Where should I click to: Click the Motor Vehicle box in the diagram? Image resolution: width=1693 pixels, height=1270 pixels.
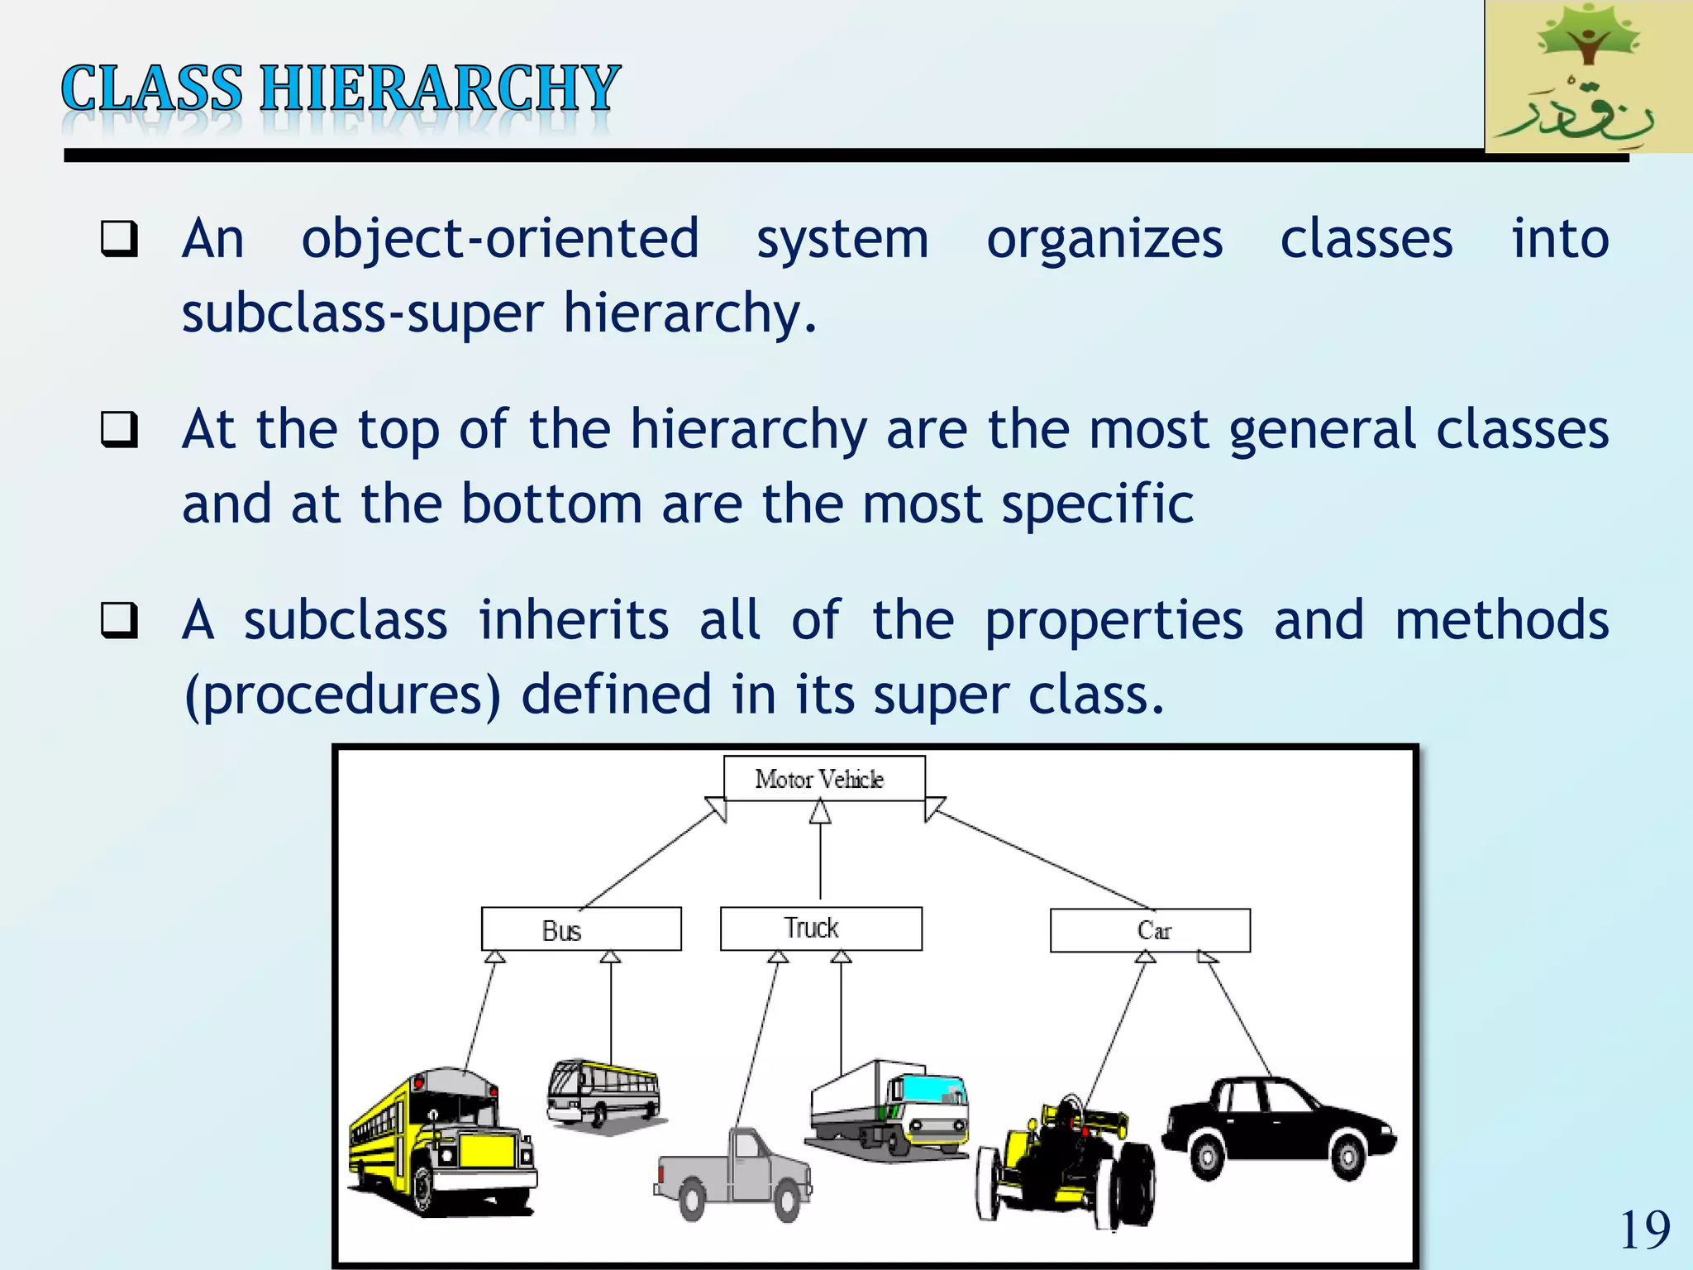point(823,778)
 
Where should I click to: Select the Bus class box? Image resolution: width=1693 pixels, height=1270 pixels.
point(581,929)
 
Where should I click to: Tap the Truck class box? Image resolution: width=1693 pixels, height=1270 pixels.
point(821,929)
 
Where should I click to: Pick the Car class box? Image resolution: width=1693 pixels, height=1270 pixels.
point(1150,931)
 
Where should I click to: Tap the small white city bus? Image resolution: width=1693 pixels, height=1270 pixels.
point(603,1093)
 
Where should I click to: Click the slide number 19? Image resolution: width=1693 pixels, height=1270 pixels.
point(1644,1230)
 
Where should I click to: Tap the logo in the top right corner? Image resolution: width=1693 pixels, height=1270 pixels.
point(1588,76)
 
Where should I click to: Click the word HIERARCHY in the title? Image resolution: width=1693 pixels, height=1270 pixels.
point(440,88)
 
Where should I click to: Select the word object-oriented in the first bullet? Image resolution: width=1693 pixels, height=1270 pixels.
point(500,239)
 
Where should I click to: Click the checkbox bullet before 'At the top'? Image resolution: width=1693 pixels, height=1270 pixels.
point(119,429)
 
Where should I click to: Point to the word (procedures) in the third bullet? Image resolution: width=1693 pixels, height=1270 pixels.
point(342,695)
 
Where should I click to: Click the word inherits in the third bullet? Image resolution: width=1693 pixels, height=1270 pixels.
point(574,620)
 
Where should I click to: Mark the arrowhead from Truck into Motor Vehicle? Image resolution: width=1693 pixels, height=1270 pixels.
point(820,813)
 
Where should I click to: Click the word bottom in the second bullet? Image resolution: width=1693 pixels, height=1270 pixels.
point(551,504)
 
